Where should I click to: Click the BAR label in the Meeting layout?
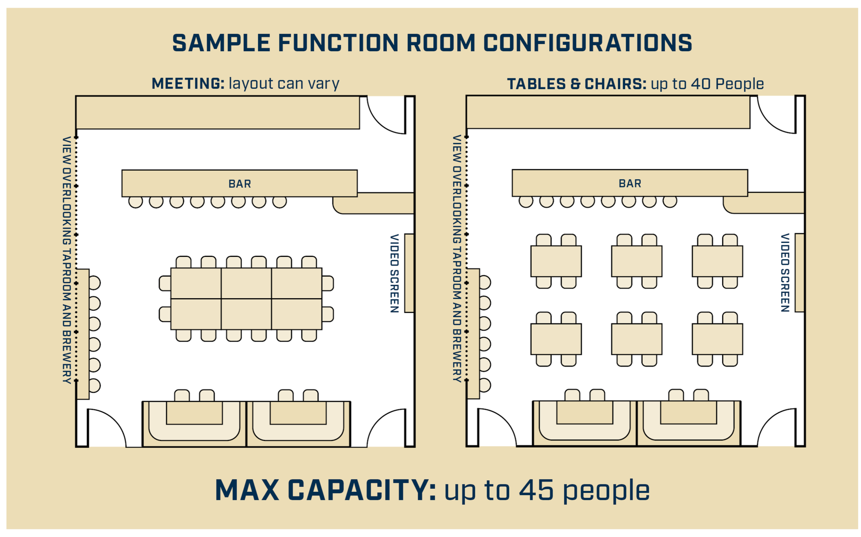coord(240,184)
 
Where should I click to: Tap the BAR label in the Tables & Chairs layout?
coord(630,183)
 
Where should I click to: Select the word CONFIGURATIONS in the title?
coord(587,43)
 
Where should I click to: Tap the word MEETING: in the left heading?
coord(188,83)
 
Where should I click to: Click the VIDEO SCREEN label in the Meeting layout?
coord(394,273)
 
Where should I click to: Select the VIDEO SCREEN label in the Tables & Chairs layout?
coord(785,272)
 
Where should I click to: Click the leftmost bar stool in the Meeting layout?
coord(136,202)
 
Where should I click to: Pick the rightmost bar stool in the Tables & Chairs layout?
coord(670,201)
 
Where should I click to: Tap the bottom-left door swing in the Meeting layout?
coord(106,429)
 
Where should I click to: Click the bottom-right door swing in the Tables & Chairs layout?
coord(775,429)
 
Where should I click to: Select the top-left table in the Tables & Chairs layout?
coord(556,261)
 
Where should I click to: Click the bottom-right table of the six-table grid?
coord(717,339)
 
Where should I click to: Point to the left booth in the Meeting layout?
coord(194,423)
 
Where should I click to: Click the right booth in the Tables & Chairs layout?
coord(688,423)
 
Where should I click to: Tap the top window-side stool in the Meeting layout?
coord(95,283)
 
